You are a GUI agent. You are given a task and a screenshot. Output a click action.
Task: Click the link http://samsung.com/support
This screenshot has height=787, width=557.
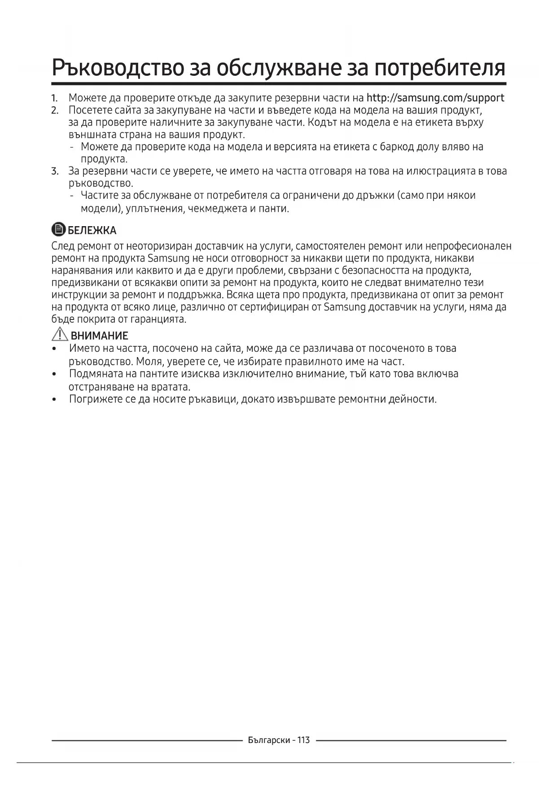click(x=435, y=98)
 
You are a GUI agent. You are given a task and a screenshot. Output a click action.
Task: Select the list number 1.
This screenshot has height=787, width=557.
click(x=54, y=98)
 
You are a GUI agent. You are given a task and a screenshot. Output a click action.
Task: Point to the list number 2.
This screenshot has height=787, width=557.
click(x=55, y=110)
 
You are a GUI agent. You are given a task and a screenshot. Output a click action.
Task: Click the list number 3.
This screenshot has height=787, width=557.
click(x=55, y=171)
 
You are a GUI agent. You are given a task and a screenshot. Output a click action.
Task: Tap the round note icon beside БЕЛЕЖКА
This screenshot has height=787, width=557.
click(x=58, y=230)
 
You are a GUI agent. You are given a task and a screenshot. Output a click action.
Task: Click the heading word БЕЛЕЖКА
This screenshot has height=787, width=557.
click(x=92, y=231)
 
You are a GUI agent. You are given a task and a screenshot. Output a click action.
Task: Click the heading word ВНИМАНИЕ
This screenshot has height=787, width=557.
click(x=99, y=336)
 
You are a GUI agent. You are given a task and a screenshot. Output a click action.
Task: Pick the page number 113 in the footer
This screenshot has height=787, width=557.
click(x=303, y=740)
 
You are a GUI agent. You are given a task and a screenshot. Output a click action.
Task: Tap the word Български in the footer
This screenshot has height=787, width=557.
click(x=269, y=740)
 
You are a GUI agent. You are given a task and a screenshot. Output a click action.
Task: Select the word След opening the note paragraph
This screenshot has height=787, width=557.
click(x=63, y=246)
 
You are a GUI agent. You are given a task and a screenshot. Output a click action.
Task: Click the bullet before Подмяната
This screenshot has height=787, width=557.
click(x=54, y=374)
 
